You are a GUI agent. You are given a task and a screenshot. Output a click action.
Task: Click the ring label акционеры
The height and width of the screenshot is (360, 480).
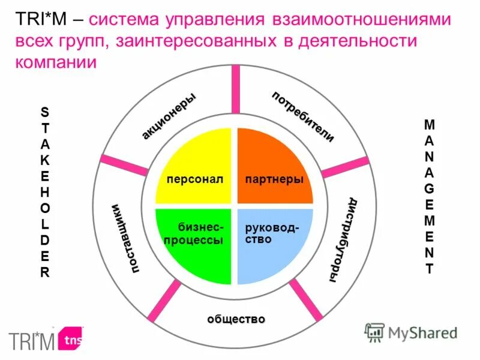169,116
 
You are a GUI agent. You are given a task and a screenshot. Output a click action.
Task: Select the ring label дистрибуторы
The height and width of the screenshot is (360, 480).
343,239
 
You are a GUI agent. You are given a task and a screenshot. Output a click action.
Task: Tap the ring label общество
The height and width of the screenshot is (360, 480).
236,319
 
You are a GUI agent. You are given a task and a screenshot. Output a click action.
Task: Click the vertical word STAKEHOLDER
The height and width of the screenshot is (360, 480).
46,191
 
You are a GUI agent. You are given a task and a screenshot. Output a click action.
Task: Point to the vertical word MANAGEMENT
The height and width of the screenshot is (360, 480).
429,196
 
